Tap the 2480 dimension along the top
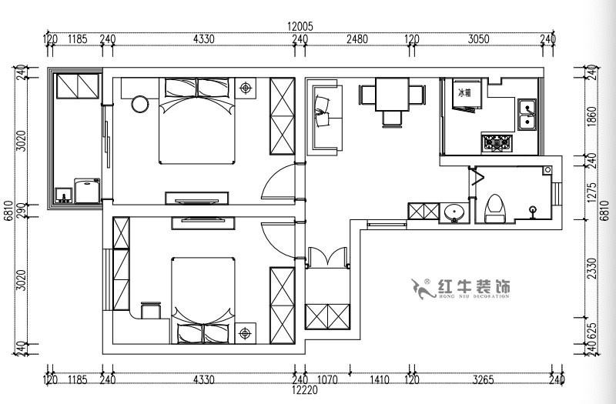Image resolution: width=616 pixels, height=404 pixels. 357,38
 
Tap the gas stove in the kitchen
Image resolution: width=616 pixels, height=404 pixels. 497,142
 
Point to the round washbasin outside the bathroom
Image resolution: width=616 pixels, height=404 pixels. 455,212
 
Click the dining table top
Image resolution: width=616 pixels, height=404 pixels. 393,95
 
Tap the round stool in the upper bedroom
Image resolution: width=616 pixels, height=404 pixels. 141,103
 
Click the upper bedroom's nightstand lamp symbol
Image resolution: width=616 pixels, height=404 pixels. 246,87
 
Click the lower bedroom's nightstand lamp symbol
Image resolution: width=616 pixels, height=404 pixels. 246,333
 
